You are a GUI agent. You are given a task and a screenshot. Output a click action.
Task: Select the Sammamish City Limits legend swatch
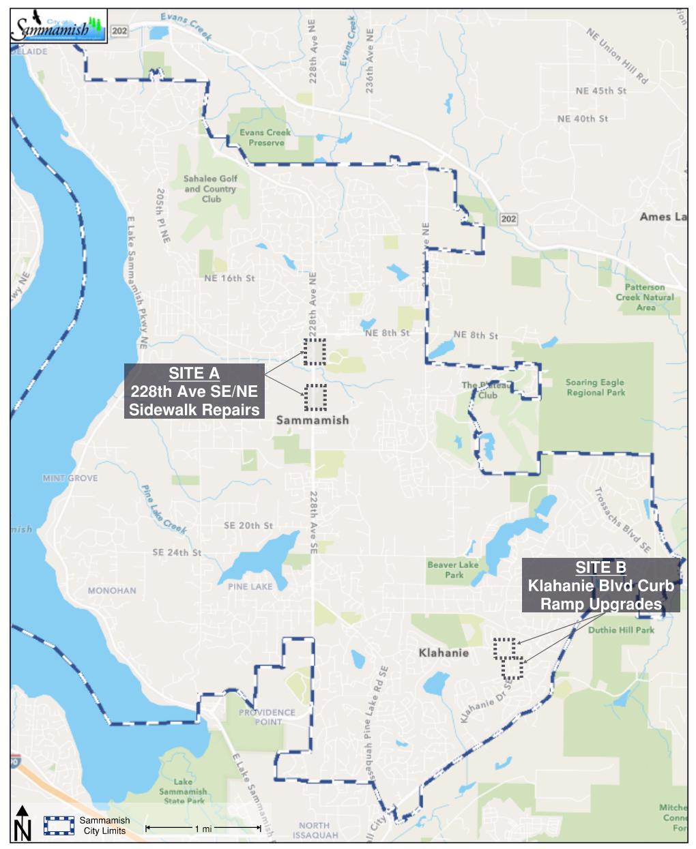[59, 825]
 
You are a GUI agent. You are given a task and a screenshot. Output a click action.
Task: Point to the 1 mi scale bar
[203, 829]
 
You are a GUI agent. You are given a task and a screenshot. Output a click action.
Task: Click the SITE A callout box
[194, 391]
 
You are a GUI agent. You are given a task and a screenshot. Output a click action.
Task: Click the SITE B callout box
[600, 585]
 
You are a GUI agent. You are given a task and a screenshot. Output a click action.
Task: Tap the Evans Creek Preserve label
[265, 138]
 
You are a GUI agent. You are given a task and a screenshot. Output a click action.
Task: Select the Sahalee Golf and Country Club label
[210, 189]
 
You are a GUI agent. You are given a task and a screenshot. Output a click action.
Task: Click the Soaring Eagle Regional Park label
[595, 387]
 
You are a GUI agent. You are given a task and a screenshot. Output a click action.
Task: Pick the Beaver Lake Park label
[453, 569]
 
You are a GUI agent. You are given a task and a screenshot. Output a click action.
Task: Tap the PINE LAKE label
[250, 586]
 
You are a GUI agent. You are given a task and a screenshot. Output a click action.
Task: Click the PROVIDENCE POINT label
[267, 717]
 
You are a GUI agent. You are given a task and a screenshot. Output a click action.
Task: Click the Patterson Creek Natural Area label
[645, 297]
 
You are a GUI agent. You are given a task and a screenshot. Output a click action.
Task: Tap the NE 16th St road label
[229, 278]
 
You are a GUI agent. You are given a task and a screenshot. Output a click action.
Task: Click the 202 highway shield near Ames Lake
[508, 218]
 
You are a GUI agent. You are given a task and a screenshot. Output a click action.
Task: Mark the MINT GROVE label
[70, 478]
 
